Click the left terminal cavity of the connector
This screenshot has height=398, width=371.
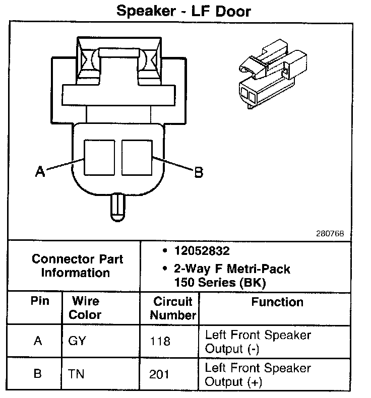pos(99,157)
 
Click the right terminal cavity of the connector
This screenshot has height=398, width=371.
pos(137,157)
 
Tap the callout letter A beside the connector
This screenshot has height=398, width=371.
pos(40,172)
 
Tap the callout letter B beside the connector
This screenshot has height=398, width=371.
pos(199,172)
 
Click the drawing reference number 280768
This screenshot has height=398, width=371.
pos(330,233)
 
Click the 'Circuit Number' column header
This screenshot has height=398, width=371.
pos(173,308)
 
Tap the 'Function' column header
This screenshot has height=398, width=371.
pos(277,302)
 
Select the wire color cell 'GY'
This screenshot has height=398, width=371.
pos(77,341)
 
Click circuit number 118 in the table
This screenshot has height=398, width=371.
pos(160,341)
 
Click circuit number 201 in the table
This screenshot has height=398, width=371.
pos(160,375)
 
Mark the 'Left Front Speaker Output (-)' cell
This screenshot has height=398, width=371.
pos(258,342)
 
